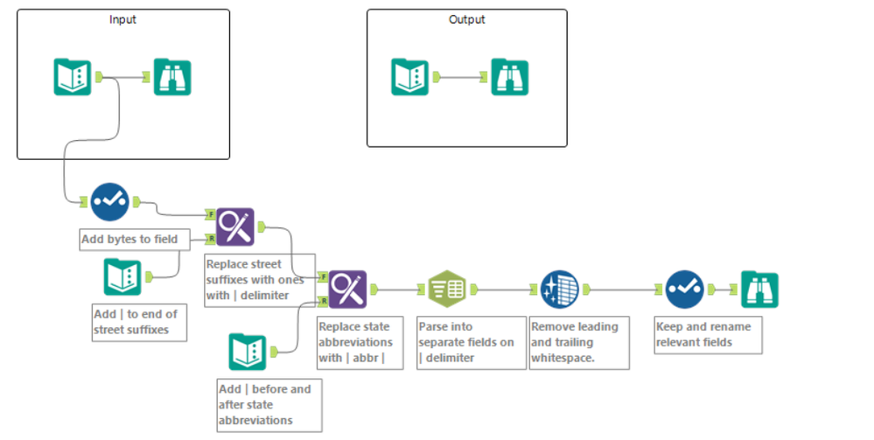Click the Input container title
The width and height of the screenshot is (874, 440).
click(x=122, y=19)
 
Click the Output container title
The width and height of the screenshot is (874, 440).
click(x=466, y=19)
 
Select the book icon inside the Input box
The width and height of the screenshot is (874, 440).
click(x=72, y=77)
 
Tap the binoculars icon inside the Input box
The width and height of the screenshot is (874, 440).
click(x=172, y=77)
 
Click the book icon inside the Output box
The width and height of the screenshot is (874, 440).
click(x=409, y=77)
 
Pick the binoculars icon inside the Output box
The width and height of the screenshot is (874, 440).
click(x=509, y=77)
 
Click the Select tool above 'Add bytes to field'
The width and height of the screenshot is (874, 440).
click(x=110, y=202)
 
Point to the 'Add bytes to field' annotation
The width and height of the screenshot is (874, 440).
click(x=129, y=239)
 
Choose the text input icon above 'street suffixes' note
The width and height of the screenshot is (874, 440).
click(x=122, y=276)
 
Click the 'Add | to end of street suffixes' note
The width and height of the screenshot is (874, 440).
click(x=136, y=322)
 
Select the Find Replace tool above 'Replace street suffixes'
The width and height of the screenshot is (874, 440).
click(x=234, y=227)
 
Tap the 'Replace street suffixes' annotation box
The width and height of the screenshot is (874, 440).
click(x=255, y=278)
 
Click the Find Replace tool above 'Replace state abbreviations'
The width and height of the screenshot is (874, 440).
click(x=347, y=289)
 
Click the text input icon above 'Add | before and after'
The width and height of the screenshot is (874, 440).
click(x=247, y=352)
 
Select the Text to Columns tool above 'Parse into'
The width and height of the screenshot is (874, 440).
click(x=446, y=289)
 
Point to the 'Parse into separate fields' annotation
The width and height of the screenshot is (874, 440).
click(x=471, y=342)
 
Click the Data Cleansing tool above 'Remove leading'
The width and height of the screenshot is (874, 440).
click(x=559, y=289)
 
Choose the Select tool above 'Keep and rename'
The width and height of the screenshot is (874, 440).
click(x=684, y=289)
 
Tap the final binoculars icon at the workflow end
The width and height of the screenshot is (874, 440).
click(x=759, y=289)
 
